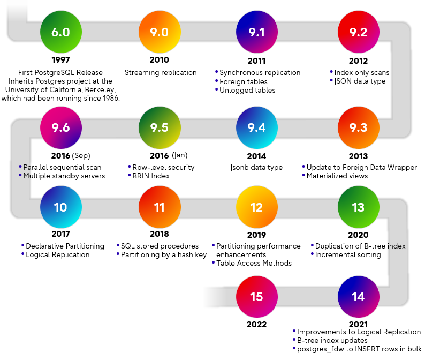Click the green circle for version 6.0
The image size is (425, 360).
pyautogui.click(x=60, y=32)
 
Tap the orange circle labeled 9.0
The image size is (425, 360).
pyautogui.click(x=159, y=32)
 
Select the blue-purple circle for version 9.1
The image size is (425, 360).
pyautogui.click(x=257, y=32)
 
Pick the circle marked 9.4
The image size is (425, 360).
pyautogui.click(x=257, y=128)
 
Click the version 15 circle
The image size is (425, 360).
pyautogui.click(x=257, y=296)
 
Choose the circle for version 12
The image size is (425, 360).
pyautogui.click(x=257, y=207)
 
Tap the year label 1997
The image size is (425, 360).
pyautogui.click(x=60, y=60)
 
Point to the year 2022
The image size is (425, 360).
pyautogui.click(x=257, y=324)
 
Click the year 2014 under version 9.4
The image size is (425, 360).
pyautogui.click(x=257, y=156)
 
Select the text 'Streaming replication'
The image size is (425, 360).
pyautogui.click(x=161, y=72)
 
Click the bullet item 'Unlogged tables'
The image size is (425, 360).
pyautogui.click(x=247, y=91)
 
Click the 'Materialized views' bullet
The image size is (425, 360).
pyautogui.click(x=337, y=176)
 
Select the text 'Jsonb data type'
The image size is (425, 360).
pyautogui.click(x=257, y=168)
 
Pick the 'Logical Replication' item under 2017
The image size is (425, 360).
pyautogui.click(x=57, y=254)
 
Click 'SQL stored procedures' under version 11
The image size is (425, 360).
pyautogui.click(x=160, y=246)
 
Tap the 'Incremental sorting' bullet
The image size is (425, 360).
pyautogui.click(x=348, y=254)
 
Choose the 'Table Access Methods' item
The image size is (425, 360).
pyautogui.click(x=254, y=263)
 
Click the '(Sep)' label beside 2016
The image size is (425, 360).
pyautogui.click(x=80, y=156)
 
